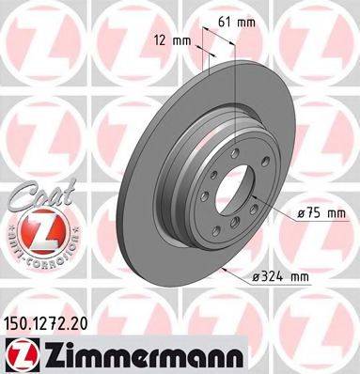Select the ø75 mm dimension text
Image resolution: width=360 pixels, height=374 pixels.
tap(321, 214)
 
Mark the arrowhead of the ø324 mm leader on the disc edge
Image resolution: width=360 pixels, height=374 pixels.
tap(228, 275)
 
